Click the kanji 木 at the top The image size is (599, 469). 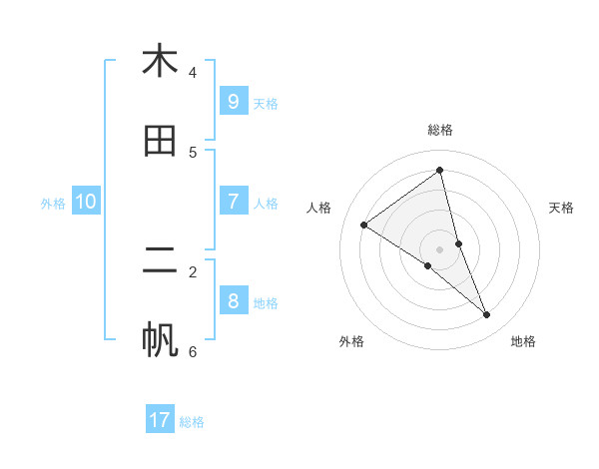click(x=160, y=61)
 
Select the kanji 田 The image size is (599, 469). click(x=160, y=141)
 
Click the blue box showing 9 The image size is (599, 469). click(x=233, y=101)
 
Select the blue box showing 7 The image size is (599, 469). click(x=233, y=201)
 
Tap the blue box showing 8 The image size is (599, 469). click(x=233, y=300)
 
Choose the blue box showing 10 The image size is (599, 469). click(x=86, y=202)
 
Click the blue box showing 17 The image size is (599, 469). click(x=160, y=420)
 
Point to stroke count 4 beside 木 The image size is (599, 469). click(x=193, y=72)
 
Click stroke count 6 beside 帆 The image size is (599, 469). click(x=193, y=351)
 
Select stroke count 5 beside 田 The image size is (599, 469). click(x=193, y=152)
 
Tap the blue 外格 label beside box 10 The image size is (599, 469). click(x=53, y=203)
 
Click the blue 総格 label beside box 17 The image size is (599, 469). click(x=192, y=422)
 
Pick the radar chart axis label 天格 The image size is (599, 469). click(x=561, y=208)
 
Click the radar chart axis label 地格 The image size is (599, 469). click(x=523, y=341)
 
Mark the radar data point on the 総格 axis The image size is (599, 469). click(x=440, y=170)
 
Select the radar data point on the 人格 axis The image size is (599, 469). click(x=363, y=225)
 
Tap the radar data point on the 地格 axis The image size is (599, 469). click(x=487, y=314)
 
